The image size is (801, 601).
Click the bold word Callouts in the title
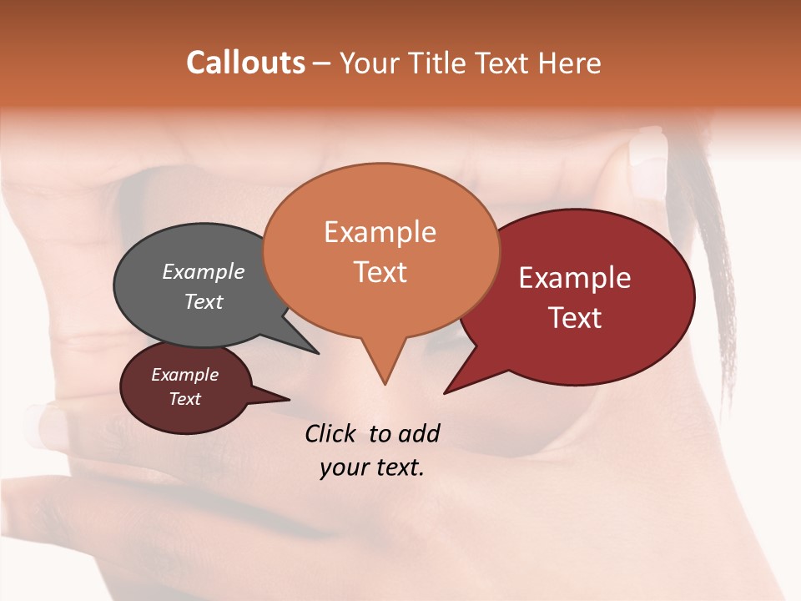tap(245, 63)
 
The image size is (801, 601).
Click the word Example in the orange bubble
tap(380, 232)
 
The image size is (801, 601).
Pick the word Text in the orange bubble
tap(380, 272)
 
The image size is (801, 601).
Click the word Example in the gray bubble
tap(204, 271)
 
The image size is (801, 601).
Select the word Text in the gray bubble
tap(204, 301)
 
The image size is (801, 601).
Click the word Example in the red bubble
tap(575, 278)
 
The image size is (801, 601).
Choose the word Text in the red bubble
tap(575, 318)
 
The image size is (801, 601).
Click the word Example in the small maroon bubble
tap(185, 375)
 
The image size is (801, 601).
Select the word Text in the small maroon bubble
tap(185, 399)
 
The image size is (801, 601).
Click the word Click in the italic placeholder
tap(332, 433)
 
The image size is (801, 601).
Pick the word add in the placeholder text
tap(419, 433)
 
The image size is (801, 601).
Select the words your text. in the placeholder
tap(372, 467)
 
